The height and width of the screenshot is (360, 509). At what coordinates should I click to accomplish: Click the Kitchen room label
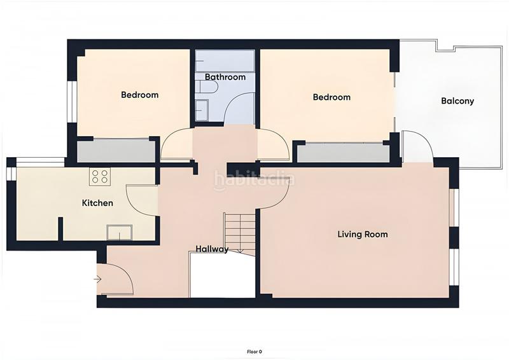[97, 203]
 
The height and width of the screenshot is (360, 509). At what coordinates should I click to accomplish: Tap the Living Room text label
[362, 234]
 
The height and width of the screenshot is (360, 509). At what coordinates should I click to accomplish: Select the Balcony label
[457, 100]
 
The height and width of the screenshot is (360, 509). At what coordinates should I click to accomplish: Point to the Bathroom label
[225, 77]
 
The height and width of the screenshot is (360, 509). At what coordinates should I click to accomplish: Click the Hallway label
[212, 249]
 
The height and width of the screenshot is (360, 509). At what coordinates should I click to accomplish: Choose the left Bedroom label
[139, 95]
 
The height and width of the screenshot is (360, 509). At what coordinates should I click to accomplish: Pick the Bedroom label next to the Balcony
[331, 97]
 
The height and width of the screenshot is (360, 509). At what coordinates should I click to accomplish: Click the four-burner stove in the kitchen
[100, 176]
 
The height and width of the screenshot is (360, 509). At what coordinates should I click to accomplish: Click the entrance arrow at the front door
[97, 279]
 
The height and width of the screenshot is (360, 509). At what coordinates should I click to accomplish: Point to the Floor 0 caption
[254, 351]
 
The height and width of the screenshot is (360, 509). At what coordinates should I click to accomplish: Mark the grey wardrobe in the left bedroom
[116, 151]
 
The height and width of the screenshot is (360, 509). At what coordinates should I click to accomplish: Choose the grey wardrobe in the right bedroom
[343, 153]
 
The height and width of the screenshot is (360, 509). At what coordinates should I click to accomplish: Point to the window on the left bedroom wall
[73, 100]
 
